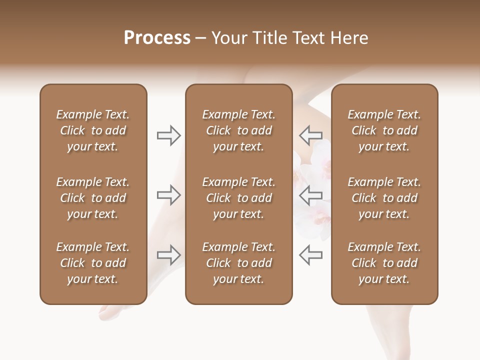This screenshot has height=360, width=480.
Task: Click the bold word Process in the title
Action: coord(157,38)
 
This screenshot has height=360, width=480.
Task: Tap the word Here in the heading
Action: coord(348,38)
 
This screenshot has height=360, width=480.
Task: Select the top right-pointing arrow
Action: coord(169,135)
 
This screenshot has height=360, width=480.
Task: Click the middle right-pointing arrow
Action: coord(169,195)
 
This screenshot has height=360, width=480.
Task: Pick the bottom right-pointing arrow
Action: coord(169,255)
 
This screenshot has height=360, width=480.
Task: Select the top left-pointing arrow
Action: coord(310,135)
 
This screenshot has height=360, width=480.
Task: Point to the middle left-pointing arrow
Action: coord(310,195)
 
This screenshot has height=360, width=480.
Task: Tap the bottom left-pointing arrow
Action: coord(310,255)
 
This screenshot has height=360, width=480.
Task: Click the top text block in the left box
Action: coord(93,130)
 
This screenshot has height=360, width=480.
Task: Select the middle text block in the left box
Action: coord(93,198)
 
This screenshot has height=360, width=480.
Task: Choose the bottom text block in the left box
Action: coord(93,263)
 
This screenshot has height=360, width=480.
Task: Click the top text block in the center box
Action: coord(238,130)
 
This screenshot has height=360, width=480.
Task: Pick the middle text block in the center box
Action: coord(238,198)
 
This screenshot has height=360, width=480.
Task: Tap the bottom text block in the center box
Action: coord(238,263)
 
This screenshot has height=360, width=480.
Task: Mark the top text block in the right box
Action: coord(384,130)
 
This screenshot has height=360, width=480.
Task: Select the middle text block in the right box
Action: coord(384,198)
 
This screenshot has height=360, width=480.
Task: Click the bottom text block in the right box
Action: coord(384,263)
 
